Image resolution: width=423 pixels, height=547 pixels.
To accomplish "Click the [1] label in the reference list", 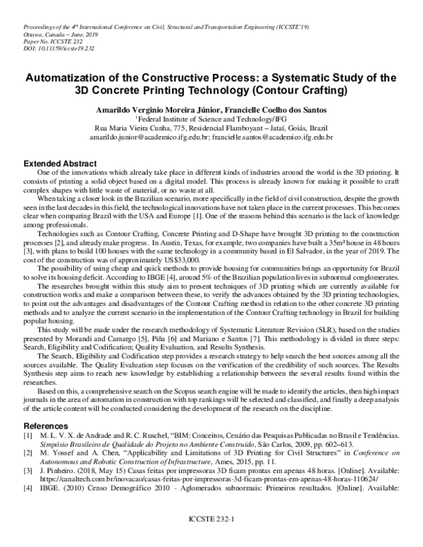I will tap(29, 438).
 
